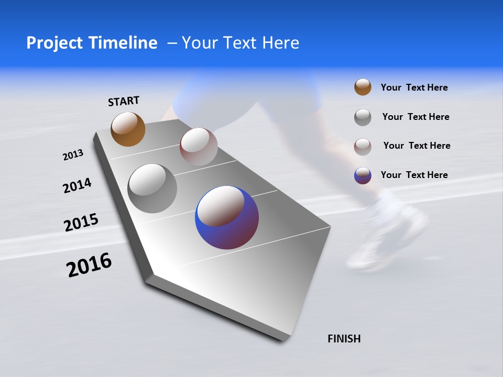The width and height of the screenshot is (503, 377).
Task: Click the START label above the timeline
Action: (124, 101)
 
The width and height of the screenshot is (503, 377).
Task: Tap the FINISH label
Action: (344, 339)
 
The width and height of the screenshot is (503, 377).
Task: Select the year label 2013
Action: (73, 155)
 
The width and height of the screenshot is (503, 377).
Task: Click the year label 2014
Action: (77, 186)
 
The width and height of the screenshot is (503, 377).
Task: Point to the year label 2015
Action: (81, 223)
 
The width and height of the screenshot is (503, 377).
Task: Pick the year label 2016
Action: (89, 265)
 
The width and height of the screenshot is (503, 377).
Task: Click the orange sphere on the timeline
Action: (128, 129)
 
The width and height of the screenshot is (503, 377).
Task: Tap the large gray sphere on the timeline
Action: (152, 188)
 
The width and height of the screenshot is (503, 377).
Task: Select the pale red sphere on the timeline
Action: (199, 146)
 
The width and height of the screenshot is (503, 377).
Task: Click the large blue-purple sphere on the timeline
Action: (227, 217)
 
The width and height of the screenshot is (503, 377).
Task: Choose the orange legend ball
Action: (363, 87)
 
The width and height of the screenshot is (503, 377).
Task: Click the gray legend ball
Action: (363, 117)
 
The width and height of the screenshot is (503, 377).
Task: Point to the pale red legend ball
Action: (363, 146)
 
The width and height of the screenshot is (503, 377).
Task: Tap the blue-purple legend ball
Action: (363, 175)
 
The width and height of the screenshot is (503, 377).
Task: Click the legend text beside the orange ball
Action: (414, 87)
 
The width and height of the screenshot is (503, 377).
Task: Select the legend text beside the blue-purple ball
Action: (414, 175)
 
